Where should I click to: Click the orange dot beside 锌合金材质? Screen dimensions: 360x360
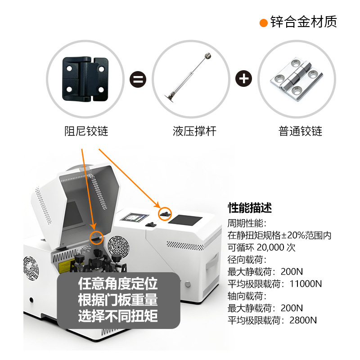264,23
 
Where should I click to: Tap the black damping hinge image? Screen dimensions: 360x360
85,79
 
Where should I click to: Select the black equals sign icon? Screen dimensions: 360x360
138,79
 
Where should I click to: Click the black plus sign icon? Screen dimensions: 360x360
243,78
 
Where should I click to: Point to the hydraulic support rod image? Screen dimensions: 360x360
188,77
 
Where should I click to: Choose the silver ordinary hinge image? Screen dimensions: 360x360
297,79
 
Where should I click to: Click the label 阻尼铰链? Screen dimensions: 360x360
86,131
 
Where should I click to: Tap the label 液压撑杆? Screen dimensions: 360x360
194,131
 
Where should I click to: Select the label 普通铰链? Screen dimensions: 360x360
300,131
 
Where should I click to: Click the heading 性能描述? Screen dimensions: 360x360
250,208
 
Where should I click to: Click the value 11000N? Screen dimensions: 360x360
306,284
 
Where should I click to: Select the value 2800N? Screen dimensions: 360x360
303,320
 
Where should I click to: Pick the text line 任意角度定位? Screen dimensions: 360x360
118,284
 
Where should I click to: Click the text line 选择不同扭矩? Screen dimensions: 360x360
118,316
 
